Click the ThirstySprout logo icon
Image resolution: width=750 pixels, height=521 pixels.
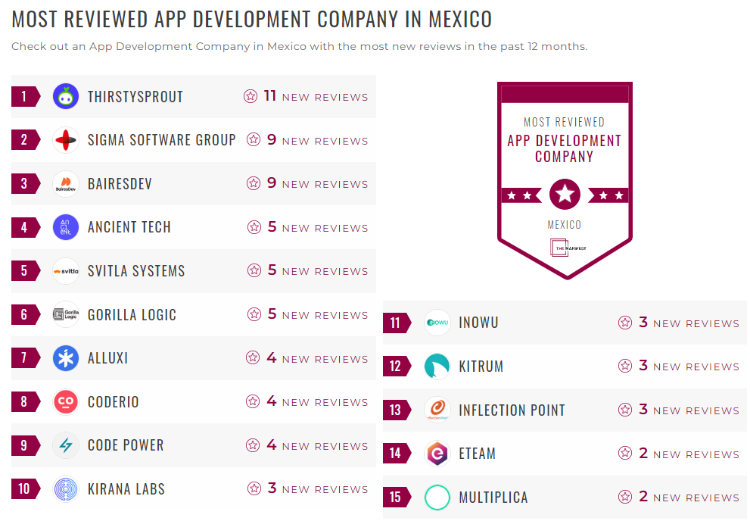coord(66,96)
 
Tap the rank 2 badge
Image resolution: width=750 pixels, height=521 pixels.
coord(24,140)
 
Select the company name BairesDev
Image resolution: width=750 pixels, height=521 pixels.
coord(120,184)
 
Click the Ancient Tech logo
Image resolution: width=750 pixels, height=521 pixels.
coord(66,227)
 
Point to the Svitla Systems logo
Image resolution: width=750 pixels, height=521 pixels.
coord(66,271)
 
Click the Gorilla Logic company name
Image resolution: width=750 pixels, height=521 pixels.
coord(132,315)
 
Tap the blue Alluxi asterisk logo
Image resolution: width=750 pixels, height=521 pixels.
coord(66,358)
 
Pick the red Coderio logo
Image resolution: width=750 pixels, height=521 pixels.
coord(66,402)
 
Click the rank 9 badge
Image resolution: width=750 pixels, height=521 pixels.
coord(24,445)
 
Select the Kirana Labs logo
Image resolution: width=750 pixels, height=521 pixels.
coord(66,489)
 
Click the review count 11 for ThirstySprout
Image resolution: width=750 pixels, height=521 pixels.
coord(270,96)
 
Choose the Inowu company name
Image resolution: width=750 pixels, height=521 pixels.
coord(478,323)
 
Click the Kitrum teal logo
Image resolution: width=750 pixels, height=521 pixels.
coord(437,367)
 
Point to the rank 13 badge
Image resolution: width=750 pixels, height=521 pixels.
coord(396,410)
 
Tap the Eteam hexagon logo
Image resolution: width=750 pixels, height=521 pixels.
coord(437,454)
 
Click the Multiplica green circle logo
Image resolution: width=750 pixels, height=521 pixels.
coord(437,498)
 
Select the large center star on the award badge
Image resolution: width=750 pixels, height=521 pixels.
coord(565,195)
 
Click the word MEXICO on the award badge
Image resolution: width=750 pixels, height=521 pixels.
coord(565,225)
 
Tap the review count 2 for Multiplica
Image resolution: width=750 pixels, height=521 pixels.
coord(643,497)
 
